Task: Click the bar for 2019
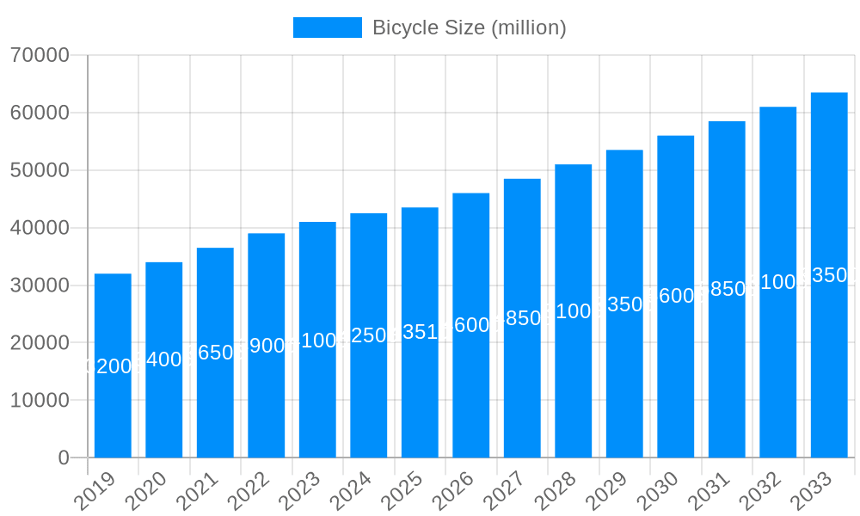[x=113, y=365]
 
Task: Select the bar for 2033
[x=829, y=275]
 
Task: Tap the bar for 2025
[x=420, y=332]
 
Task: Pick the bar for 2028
[x=573, y=310]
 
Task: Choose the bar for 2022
[x=266, y=345]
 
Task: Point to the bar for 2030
[x=675, y=296]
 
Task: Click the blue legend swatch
[x=327, y=28]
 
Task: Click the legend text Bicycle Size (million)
[x=469, y=28]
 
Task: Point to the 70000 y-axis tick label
[x=40, y=56]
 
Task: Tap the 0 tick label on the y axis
[x=64, y=458]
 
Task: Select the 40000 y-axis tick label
[x=40, y=228]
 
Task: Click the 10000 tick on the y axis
[x=40, y=401]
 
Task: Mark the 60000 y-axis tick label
[x=40, y=113]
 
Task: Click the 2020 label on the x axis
[x=149, y=491]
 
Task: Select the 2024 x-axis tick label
[x=353, y=491]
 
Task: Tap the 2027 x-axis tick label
[x=507, y=491]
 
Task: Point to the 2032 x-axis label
[x=763, y=491]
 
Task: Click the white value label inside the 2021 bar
[x=215, y=353]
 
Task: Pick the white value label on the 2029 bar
[x=624, y=304]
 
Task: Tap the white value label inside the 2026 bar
[x=470, y=325]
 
